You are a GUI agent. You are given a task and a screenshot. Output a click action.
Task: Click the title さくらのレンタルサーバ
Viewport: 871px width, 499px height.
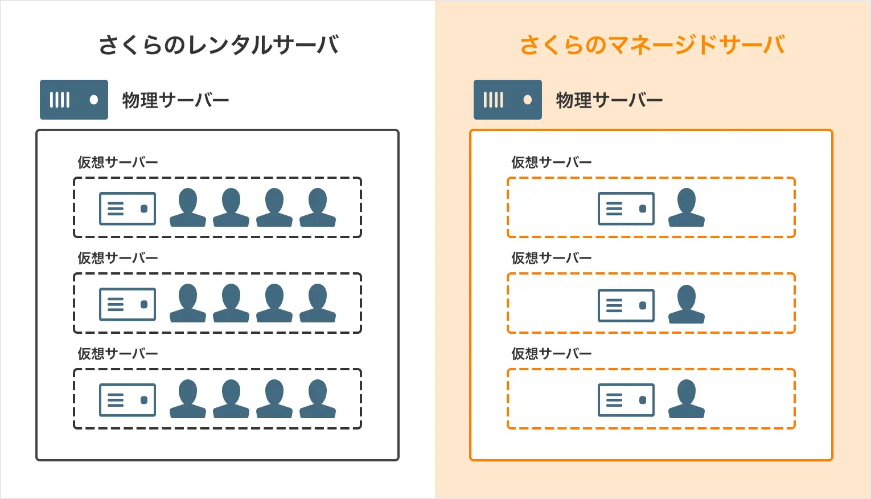click(x=219, y=45)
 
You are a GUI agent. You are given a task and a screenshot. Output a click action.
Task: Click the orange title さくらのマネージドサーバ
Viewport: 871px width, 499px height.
click(x=652, y=45)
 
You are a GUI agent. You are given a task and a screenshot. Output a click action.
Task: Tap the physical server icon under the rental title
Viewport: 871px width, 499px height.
click(x=74, y=100)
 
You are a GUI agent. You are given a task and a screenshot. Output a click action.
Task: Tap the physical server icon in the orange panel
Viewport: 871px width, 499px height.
click(x=508, y=100)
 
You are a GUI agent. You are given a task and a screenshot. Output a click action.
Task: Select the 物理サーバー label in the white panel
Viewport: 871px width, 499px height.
click(x=175, y=100)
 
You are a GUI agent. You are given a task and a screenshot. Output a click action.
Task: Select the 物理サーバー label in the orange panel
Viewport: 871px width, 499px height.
click(x=609, y=100)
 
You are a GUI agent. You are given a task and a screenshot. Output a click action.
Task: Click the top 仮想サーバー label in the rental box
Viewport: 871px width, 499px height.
click(x=118, y=162)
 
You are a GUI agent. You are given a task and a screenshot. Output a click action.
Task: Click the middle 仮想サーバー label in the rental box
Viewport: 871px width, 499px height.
click(x=118, y=258)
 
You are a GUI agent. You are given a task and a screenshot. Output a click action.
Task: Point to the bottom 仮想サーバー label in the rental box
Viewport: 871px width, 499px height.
click(x=118, y=354)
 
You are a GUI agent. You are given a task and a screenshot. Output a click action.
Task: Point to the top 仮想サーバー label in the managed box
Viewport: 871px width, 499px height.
click(x=552, y=162)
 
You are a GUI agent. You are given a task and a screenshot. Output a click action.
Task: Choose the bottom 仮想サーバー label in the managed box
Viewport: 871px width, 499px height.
click(x=552, y=354)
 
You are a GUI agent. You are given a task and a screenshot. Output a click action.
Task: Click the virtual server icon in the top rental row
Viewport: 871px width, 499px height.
click(x=128, y=208)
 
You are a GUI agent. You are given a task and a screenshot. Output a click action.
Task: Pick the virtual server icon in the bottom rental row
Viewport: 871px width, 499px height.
click(x=128, y=400)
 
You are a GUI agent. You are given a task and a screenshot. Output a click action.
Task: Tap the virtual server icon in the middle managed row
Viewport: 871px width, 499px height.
click(x=626, y=305)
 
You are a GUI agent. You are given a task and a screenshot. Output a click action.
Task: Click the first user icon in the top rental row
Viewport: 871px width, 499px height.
click(x=188, y=207)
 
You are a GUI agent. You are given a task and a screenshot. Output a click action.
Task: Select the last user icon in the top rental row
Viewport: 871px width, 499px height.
click(x=318, y=207)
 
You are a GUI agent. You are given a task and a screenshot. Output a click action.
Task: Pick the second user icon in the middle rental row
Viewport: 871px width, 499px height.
click(x=231, y=303)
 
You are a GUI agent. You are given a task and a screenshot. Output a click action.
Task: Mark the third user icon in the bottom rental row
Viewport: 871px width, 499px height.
click(x=274, y=399)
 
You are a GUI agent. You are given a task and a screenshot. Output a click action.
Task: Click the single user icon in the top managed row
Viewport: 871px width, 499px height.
click(x=687, y=207)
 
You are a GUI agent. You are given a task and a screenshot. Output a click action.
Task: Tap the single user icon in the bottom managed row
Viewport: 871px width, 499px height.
click(x=687, y=399)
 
